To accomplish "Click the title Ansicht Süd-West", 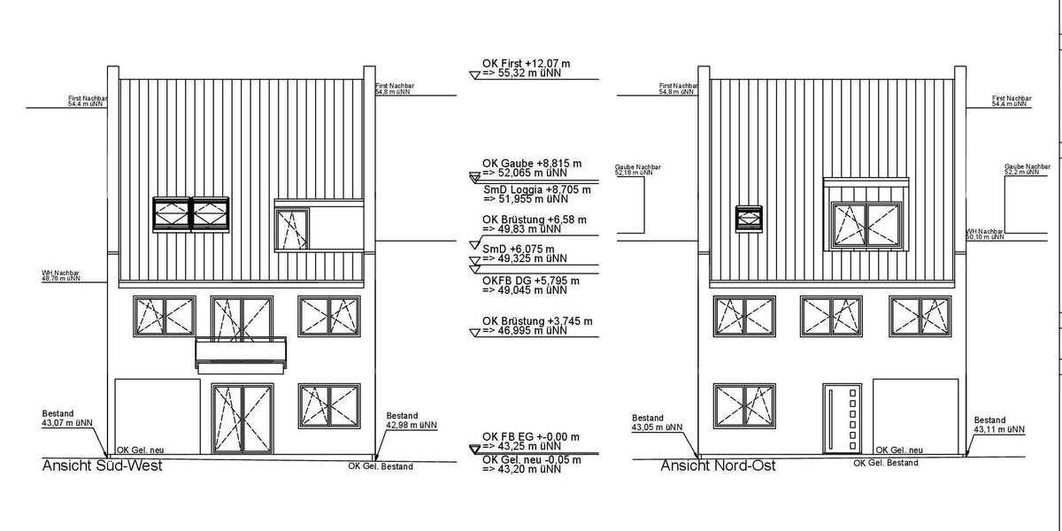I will (x=103, y=466).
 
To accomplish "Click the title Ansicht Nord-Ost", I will (x=718, y=466).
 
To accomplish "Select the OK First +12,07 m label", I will (x=527, y=64).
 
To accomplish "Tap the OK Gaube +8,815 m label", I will (x=531, y=164).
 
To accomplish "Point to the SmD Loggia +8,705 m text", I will (x=537, y=190).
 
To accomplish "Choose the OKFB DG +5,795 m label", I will (x=531, y=281).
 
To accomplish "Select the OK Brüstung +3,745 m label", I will (x=536, y=320).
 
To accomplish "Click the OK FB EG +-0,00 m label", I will (x=531, y=436).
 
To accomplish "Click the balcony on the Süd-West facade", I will (x=242, y=351).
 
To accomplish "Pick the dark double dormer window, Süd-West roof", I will (x=190, y=213).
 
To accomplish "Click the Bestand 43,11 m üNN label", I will (x=998, y=426).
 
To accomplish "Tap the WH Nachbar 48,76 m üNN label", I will (x=61, y=275).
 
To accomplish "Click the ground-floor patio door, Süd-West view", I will (x=242, y=419).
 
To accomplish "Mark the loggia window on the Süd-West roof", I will (x=291, y=228).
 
